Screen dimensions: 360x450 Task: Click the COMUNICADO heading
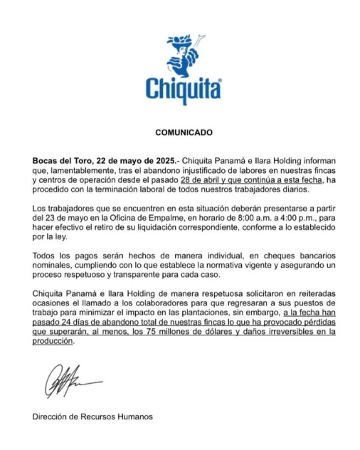(x=184, y=132)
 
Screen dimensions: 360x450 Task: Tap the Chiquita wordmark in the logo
(x=184, y=89)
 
